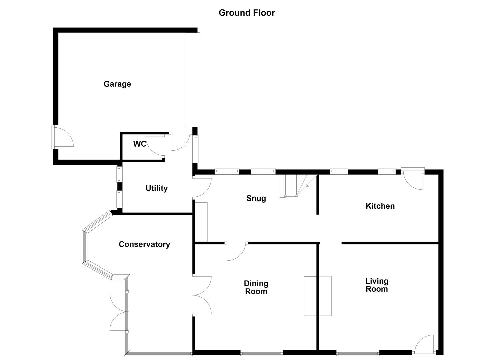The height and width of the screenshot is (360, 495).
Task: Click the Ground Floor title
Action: click(247, 13)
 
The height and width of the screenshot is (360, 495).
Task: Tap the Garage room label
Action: click(117, 84)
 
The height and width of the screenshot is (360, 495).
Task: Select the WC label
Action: click(140, 144)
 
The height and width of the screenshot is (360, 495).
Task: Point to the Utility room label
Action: click(156, 188)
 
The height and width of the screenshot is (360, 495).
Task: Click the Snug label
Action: click(256, 198)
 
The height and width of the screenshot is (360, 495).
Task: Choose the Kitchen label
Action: click(380, 206)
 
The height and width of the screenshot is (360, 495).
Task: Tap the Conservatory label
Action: click(144, 244)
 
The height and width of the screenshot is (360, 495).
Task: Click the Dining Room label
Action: click(256, 287)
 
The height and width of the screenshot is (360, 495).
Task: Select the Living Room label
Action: click(377, 285)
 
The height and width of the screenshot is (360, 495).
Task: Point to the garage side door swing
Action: click(63, 137)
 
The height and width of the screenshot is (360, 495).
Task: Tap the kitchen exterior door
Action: click(413, 180)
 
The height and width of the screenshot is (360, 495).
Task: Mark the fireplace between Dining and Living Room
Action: click(318, 296)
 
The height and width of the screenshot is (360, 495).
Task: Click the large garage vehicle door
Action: click(192, 79)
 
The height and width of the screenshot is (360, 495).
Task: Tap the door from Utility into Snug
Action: click(202, 188)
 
